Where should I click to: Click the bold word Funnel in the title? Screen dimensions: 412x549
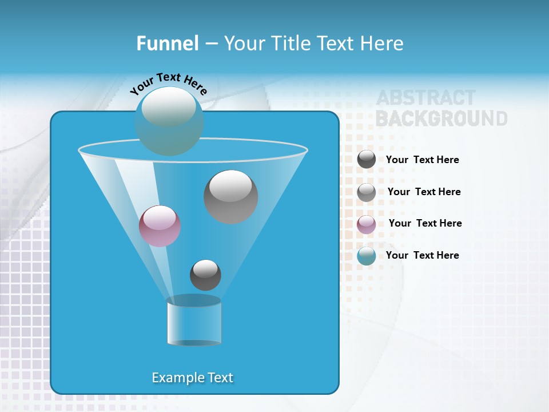168,43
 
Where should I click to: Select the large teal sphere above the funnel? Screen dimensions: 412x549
169,121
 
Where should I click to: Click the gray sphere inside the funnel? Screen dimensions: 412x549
230,197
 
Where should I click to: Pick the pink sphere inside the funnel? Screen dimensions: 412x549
160,226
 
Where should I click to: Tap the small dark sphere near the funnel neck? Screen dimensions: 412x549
205,275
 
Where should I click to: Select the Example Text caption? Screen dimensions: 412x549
193,378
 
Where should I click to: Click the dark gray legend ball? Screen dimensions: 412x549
367,159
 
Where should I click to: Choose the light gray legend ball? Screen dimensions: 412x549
367,192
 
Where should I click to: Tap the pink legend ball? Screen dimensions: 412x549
367,224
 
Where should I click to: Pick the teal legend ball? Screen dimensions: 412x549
367,256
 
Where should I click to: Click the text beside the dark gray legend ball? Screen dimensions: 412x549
422,160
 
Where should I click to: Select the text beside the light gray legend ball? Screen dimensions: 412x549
424,192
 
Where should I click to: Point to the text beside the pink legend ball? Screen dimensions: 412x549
425,223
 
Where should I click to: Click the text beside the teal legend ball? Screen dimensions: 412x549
422,255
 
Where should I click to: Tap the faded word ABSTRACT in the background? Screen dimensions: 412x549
425,98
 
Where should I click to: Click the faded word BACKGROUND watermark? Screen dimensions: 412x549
441,118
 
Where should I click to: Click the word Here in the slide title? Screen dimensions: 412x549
383,43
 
